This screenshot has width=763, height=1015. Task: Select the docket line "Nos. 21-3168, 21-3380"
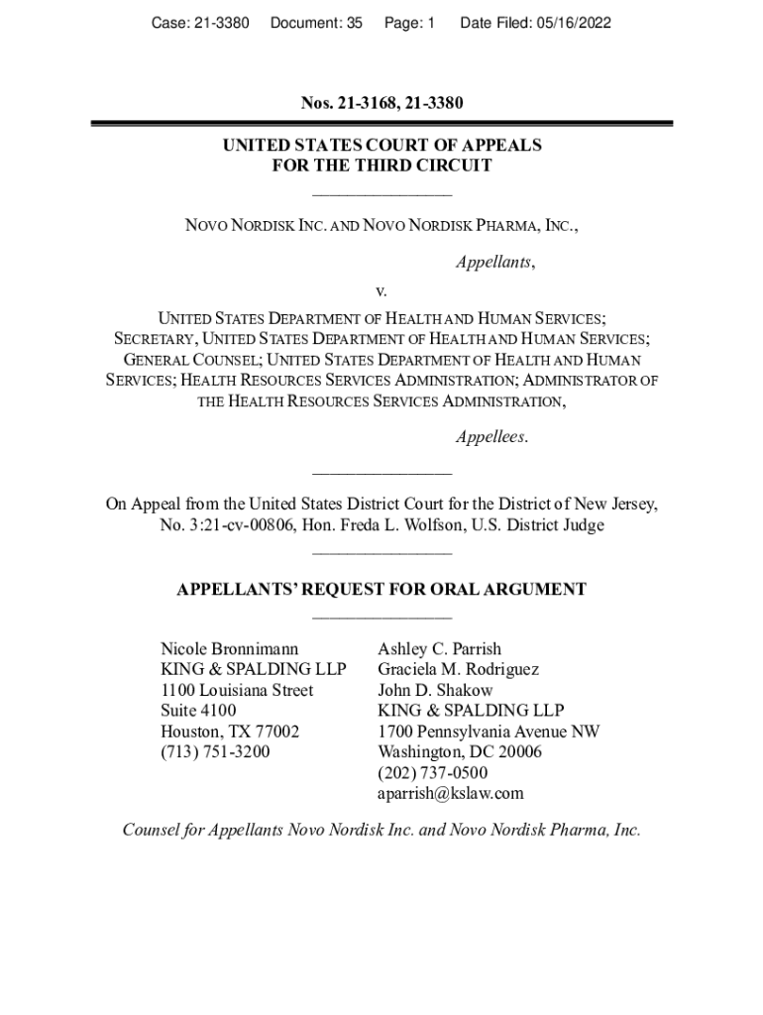[x=381, y=103]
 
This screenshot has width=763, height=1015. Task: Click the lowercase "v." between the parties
[x=381, y=291]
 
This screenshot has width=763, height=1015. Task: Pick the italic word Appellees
[x=491, y=437]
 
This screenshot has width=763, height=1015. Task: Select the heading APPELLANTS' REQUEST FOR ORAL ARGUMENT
[x=381, y=590]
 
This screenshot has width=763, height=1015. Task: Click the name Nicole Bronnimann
[x=229, y=649]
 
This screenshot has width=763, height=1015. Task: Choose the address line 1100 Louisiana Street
[x=237, y=690]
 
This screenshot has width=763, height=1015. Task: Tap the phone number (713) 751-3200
[x=215, y=751]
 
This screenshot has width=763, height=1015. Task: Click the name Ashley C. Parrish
[x=439, y=649]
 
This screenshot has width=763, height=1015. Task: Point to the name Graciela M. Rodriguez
[x=458, y=669]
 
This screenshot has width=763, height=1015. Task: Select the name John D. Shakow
[x=435, y=690]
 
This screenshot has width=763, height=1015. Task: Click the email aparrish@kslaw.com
[x=450, y=793]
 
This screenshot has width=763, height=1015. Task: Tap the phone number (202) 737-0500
[x=432, y=772]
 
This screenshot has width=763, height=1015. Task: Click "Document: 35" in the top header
[x=316, y=22]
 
